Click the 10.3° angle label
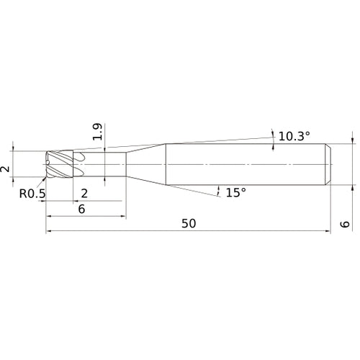pos(295,135)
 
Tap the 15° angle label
pos(235,192)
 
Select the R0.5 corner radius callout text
pos(32,192)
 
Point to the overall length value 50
pos(189,223)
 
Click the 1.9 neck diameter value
pos(98,132)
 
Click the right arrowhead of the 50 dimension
pos(327,232)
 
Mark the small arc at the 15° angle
pos(219,191)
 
